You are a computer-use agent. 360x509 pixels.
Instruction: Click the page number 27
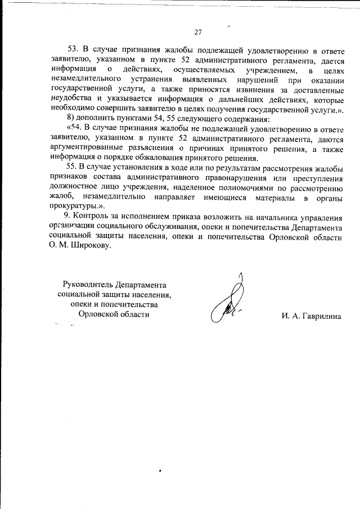coord(198,31)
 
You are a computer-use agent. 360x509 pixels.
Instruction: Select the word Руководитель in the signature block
coord(88,285)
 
